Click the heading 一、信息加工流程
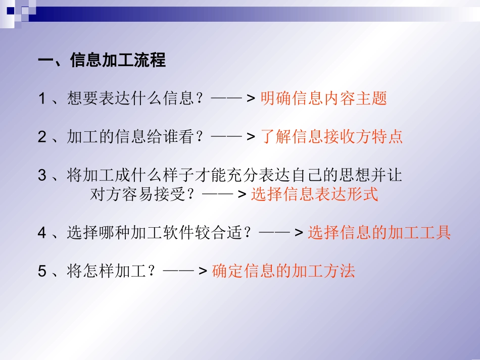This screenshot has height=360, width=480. [102, 61]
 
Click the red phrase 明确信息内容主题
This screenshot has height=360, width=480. [323, 98]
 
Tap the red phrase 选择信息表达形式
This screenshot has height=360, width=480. [314, 194]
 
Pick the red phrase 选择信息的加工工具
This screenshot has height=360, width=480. [379, 233]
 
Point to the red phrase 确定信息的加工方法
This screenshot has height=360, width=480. [283, 271]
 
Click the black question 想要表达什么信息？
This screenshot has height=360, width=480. [136, 98]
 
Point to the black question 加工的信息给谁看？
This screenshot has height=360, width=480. [136, 137]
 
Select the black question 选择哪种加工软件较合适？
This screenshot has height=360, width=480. [160, 233]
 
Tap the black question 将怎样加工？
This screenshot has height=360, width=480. [112, 271]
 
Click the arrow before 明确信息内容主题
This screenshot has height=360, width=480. [233, 99]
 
